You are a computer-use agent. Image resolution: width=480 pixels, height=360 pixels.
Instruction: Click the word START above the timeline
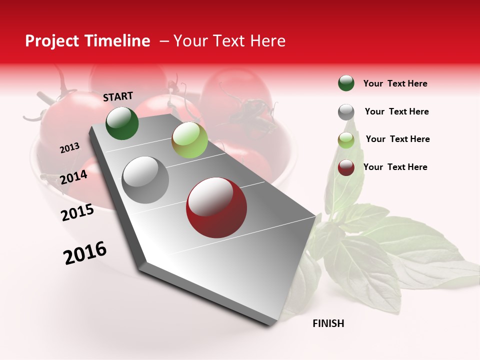[118, 96]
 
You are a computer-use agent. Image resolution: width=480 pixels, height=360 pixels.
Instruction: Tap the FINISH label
[328, 323]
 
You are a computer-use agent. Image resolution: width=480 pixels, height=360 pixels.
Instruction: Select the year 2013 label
[70, 148]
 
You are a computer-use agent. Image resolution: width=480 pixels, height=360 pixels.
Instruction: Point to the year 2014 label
[74, 177]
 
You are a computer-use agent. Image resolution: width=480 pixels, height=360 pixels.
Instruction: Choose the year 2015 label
[77, 212]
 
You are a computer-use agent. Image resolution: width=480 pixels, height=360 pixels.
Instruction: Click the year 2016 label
[85, 252]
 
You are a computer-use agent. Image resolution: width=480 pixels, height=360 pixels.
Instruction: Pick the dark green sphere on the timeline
[122, 123]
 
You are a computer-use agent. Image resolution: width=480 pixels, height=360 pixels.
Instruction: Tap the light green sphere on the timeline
[189, 139]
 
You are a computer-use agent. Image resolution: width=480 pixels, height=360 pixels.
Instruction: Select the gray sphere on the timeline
[145, 179]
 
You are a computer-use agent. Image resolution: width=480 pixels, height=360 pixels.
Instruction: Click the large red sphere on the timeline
[216, 207]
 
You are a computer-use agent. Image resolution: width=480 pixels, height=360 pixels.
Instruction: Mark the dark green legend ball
[346, 83]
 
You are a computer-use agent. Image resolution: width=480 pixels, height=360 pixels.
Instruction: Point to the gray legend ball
[346, 112]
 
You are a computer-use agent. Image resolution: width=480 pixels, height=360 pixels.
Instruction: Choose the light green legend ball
[346, 140]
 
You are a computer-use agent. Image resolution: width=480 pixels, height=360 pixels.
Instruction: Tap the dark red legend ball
[346, 167]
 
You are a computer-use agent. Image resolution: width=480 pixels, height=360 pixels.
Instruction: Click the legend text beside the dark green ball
[395, 83]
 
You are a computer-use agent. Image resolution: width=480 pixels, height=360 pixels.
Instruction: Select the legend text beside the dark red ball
[395, 167]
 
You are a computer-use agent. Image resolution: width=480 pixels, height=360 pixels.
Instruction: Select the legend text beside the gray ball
[396, 111]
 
